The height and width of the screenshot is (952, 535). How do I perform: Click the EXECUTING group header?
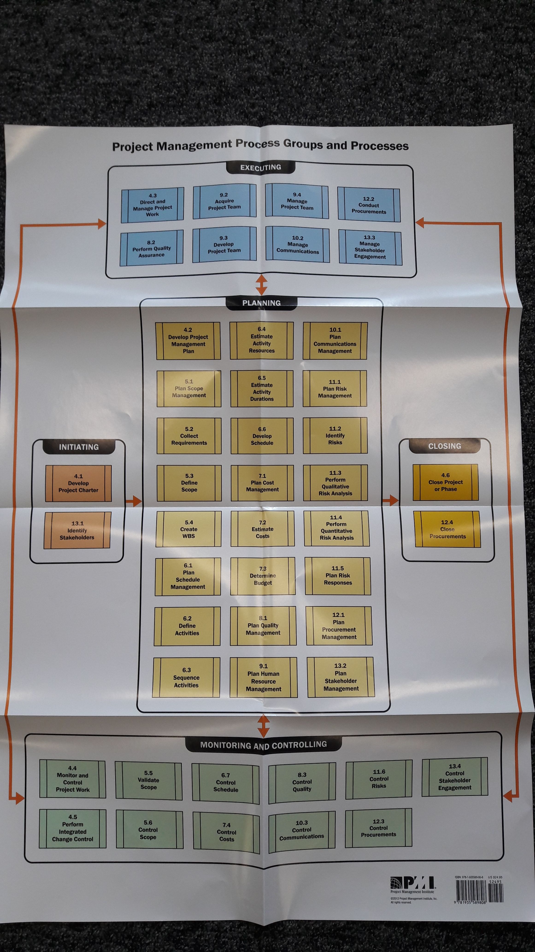pos(261,167)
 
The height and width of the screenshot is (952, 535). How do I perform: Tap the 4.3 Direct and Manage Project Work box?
pos(153,205)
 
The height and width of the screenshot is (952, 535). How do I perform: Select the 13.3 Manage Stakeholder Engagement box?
pos(370,247)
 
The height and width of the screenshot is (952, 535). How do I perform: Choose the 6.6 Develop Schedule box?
pos(262,436)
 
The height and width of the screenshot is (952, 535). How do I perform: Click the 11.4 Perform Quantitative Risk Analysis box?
pos(336,528)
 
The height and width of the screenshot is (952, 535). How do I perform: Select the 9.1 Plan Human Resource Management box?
pos(264,677)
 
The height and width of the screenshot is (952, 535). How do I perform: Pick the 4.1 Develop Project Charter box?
pos(78,483)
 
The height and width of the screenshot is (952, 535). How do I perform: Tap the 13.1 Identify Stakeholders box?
pos(77,530)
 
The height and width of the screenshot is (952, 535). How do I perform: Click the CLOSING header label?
pos(444,446)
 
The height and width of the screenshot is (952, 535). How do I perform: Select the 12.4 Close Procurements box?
pos(447,529)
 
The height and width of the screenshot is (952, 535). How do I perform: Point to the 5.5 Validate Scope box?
pos(148,780)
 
